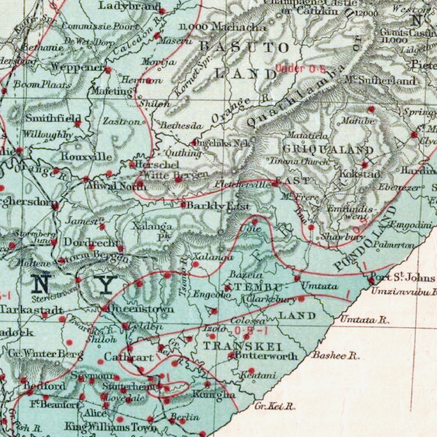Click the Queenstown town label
pyautogui.click(x=142, y=309)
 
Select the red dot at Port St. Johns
pyautogui.click(x=371, y=280)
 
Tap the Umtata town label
pyautogui.click(x=319, y=286)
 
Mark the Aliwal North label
pyautogui.click(x=117, y=185)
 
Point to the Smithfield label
pyautogui.click(x=53, y=118)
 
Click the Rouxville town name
pyautogui.click(x=86, y=157)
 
